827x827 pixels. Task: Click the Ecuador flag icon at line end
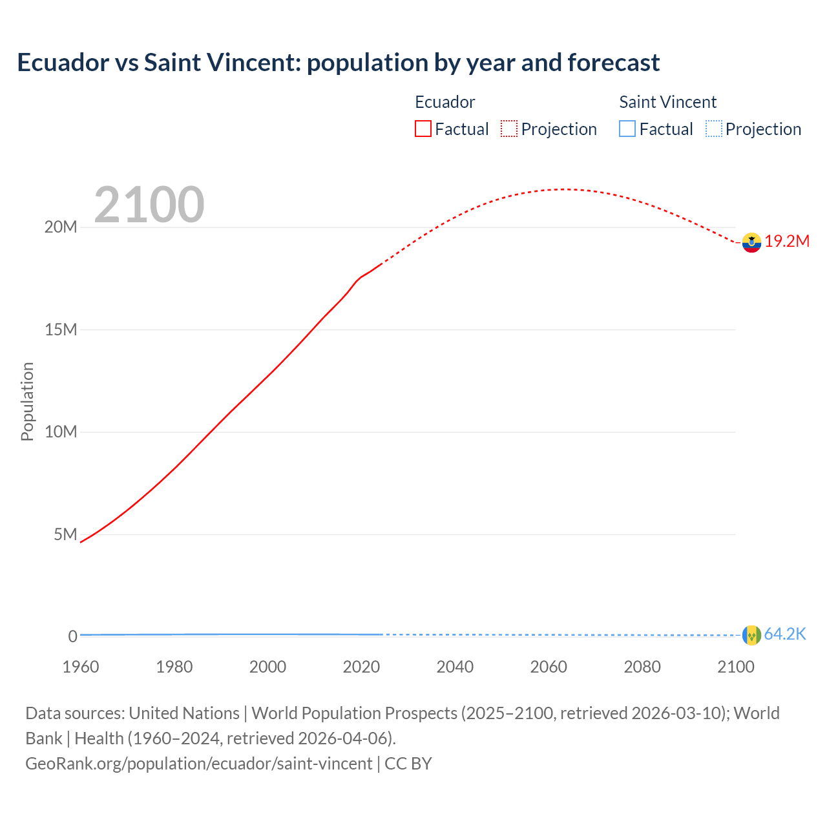(751, 242)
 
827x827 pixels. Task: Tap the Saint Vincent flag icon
(751, 635)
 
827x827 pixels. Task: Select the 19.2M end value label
(787, 242)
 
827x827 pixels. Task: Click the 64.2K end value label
(785, 634)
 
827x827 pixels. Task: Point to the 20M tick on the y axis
(61, 227)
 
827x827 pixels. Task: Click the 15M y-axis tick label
(61, 330)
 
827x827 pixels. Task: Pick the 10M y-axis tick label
(61, 432)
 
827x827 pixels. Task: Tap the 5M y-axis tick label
(65, 534)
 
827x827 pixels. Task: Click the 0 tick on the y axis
(73, 636)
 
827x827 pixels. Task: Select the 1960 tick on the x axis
(81, 667)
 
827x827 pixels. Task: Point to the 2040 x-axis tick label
(455, 667)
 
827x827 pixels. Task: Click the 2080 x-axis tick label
(642, 667)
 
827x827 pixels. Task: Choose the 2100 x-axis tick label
(735, 667)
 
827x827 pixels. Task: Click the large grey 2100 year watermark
(149, 205)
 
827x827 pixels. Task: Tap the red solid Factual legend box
(423, 129)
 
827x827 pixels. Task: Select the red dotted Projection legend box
(509, 129)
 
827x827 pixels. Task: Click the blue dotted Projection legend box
(713, 129)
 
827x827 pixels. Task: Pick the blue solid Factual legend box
(627, 129)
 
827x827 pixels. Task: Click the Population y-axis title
(27, 401)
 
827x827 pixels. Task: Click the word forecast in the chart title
(614, 63)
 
